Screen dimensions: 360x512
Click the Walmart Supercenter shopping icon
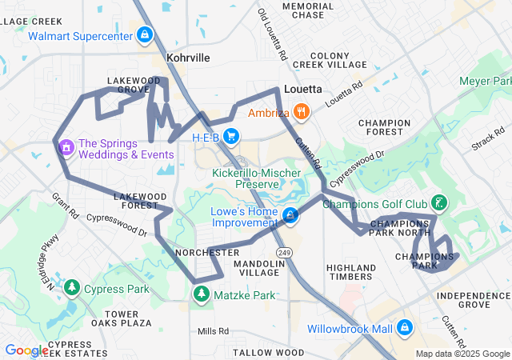pyautogui.click(x=145, y=36)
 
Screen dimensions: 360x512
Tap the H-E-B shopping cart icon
pyautogui.click(x=231, y=137)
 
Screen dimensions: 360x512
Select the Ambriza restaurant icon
pyautogui.click(x=301, y=113)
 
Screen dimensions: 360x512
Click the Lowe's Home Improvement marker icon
pyautogui.click(x=290, y=216)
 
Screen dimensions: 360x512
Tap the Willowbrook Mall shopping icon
pyautogui.click(x=405, y=328)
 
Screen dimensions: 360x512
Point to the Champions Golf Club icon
pyautogui.click(x=438, y=202)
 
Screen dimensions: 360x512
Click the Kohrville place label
pyautogui.click(x=188, y=58)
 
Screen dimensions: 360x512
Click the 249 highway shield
pyautogui.click(x=286, y=252)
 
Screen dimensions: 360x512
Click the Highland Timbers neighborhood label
pyautogui.click(x=351, y=272)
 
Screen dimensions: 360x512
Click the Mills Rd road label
pyautogui.click(x=214, y=330)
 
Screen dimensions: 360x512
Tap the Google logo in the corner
pyautogui.click(x=26, y=350)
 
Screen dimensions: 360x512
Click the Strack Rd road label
pyautogui.click(x=488, y=137)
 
